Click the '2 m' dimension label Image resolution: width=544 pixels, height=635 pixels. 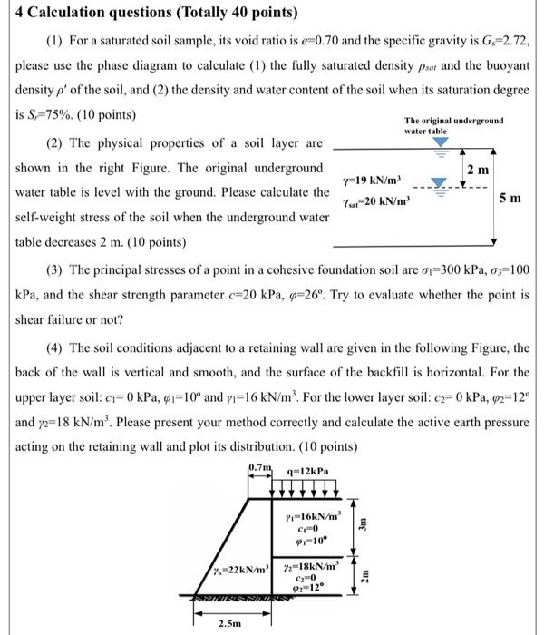click(478, 171)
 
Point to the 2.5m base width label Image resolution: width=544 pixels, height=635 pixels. click(229, 623)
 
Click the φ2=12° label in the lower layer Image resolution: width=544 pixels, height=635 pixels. click(306, 589)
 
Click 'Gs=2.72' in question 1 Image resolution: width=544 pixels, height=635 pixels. click(495, 43)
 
